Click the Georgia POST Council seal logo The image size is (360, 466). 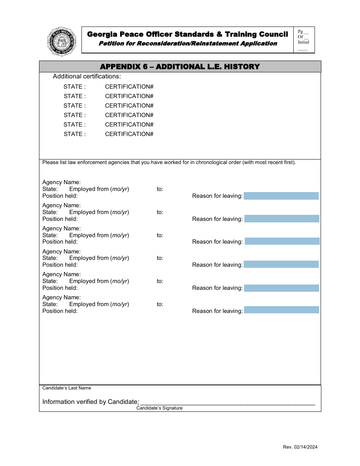pos(62,41)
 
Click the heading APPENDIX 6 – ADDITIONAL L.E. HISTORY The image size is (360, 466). pos(180,67)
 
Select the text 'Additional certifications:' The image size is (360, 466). pos(87,77)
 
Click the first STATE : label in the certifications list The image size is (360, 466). pos(75,87)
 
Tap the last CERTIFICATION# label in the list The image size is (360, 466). pos(129,134)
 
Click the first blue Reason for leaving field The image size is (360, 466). pos(281,196)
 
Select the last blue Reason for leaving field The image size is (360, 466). pos(281,310)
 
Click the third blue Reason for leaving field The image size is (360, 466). pos(282,241)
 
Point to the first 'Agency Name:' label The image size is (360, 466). pos(61,182)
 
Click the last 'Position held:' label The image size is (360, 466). pos(60,311)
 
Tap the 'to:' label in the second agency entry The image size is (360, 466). pos(160,212)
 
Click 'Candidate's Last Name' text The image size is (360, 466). pos(67,388)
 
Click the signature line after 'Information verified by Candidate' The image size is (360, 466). pos(227,402)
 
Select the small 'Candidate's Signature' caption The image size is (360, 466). pos(160,408)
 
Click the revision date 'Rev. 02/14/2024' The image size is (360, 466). pos(300,447)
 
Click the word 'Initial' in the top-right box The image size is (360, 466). pos(303,42)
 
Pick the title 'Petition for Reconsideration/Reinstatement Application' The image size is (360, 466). pos(188,44)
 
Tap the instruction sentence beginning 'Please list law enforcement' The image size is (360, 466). pos(169,163)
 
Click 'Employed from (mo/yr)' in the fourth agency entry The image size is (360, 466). pos(99,258)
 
